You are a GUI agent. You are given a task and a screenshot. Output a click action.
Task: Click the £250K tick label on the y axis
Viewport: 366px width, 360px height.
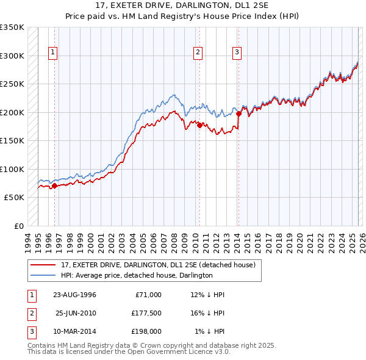(12, 84)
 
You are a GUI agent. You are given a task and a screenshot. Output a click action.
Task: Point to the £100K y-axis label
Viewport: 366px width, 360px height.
(12, 169)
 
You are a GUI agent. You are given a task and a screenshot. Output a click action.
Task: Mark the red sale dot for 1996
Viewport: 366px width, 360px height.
(55, 185)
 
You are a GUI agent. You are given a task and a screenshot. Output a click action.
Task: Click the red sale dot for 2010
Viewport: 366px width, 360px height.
(199, 125)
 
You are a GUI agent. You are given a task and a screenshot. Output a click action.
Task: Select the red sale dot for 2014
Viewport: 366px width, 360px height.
(239, 113)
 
